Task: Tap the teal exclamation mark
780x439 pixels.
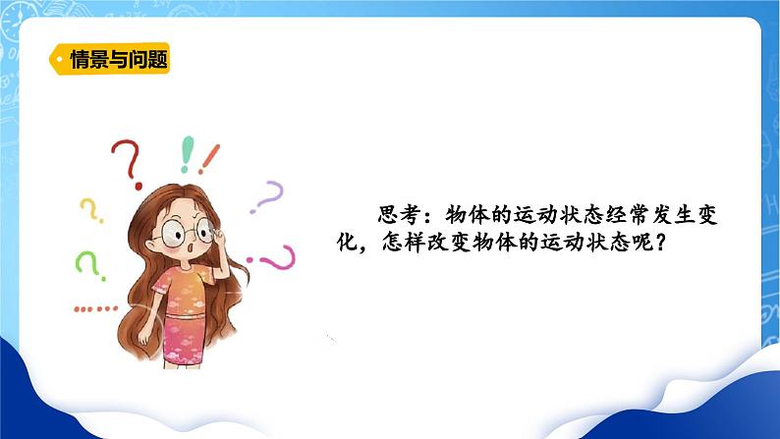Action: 187,154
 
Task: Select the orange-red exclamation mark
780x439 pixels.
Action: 209,157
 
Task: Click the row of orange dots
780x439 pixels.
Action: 94,307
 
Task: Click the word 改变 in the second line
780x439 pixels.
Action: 465,240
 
